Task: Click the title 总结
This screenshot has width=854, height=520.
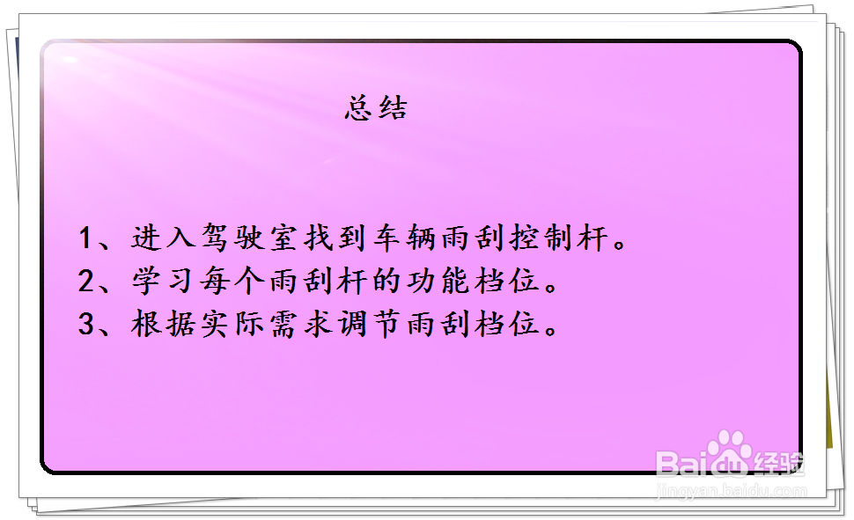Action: (x=376, y=109)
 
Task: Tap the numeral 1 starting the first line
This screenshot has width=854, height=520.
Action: (x=86, y=238)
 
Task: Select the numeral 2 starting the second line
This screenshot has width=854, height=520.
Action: (x=86, y=282)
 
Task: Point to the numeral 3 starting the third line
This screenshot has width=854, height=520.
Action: (x=86, y=325)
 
